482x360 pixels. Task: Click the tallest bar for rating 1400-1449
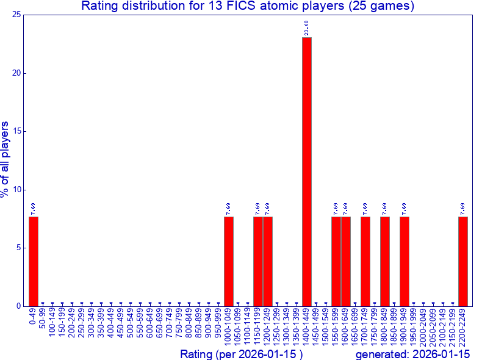tap(307, 171)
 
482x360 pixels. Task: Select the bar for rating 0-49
tap(34, 261)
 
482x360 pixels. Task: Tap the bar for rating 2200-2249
tap(463, 261)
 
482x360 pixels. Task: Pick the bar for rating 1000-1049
tap(229, 261)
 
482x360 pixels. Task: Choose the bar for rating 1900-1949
tap(405, 261)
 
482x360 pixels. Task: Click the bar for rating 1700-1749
tap(365, 261)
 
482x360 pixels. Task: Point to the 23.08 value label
tap(307, 27)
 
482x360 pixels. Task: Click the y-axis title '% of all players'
tap(5, 159)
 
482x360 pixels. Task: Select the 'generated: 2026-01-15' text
tap(412, 354)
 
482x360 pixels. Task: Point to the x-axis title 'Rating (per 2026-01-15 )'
tap(242, 354)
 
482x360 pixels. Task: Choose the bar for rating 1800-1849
tap(385, 261)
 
